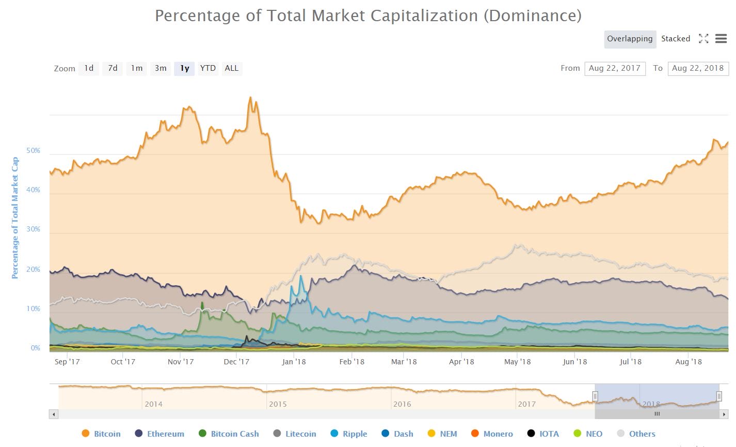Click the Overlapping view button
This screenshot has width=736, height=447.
[x=630, y=39]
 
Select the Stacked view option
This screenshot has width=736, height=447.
[x=676, y=39]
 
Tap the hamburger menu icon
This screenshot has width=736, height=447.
[x=721, y=39]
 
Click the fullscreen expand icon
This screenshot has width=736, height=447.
[x=703, y=39]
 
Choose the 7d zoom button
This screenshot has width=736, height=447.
[x=113, y=68]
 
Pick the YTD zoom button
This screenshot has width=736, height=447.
[x=208, y=68]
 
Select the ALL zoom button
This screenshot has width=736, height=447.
[x=232, y=68]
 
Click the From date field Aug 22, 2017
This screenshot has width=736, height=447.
[x=615, y=68]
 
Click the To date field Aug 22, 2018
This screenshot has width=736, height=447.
[x=698, y=68]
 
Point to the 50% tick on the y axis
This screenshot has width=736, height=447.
[x=33, y=151]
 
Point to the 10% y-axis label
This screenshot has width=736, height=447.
[x=33, y=309]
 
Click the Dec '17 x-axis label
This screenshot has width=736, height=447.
[x=236, y=362]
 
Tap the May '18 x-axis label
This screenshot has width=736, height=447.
[x=517, y=362]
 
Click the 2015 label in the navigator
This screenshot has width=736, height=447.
[x=278, y=404]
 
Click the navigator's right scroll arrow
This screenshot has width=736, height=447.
[x=725, y=414]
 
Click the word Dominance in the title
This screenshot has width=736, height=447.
[x=532, y=16]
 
